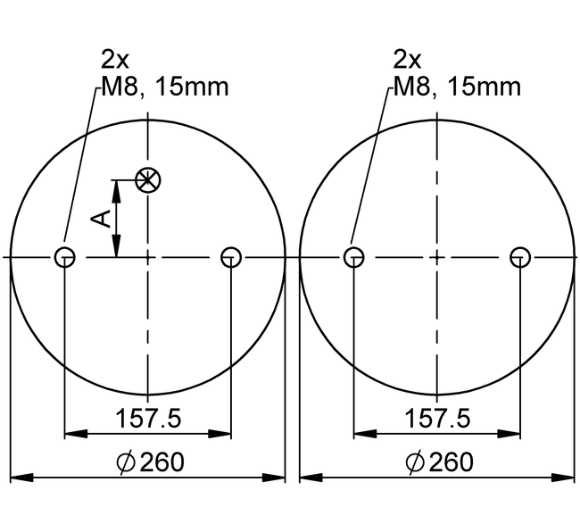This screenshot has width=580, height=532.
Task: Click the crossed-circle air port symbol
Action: tap(148, 180)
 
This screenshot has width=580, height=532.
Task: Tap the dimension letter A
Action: tap(102, 219)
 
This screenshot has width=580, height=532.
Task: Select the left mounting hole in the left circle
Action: tap(65, 257)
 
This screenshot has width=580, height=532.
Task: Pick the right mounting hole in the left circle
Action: tap(231, 257)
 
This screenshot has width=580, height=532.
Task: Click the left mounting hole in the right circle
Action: tap(354, 257)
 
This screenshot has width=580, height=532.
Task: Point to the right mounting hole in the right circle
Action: tap(520, 257)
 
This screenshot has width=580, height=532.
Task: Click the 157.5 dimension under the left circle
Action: tap(148, 419)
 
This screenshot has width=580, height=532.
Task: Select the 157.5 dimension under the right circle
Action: tap(437, 419)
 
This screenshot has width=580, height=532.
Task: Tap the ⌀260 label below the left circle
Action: tap(150, 462)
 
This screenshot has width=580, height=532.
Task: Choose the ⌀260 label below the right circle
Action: tap(439, 462)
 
